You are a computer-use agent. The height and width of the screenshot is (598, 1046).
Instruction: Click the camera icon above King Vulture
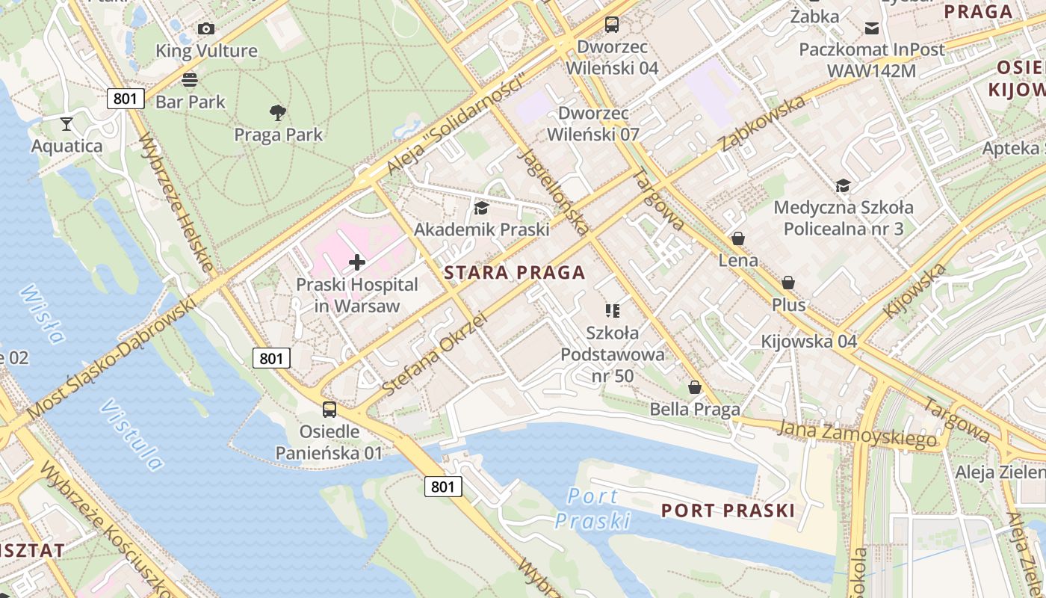206,28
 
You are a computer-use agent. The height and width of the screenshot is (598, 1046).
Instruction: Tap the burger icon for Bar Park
190,79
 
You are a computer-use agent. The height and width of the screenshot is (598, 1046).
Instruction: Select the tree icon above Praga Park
278,113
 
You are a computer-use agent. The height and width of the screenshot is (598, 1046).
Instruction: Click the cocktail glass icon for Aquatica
67,123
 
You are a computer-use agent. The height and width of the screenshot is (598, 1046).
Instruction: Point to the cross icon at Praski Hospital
357,262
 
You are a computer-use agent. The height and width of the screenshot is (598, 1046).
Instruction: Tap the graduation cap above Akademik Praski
481,208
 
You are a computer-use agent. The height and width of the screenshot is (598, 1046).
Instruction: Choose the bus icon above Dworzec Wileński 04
612,24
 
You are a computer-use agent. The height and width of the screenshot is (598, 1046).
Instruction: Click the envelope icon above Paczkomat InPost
872,28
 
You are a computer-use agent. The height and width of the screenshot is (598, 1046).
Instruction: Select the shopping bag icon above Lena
738,238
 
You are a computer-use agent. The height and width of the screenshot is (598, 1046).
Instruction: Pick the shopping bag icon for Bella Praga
695,387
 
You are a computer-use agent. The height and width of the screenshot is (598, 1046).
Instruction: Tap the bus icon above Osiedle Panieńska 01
329,410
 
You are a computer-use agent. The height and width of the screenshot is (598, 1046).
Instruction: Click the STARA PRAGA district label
515,273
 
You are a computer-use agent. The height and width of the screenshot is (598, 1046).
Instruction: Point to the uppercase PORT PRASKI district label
728,511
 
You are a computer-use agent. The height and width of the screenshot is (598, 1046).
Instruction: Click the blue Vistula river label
131,435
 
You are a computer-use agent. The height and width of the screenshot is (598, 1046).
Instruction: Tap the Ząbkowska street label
763,123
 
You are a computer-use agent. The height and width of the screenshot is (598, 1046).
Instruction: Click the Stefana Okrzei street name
433,354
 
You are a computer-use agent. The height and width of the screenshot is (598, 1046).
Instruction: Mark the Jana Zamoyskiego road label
857,434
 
